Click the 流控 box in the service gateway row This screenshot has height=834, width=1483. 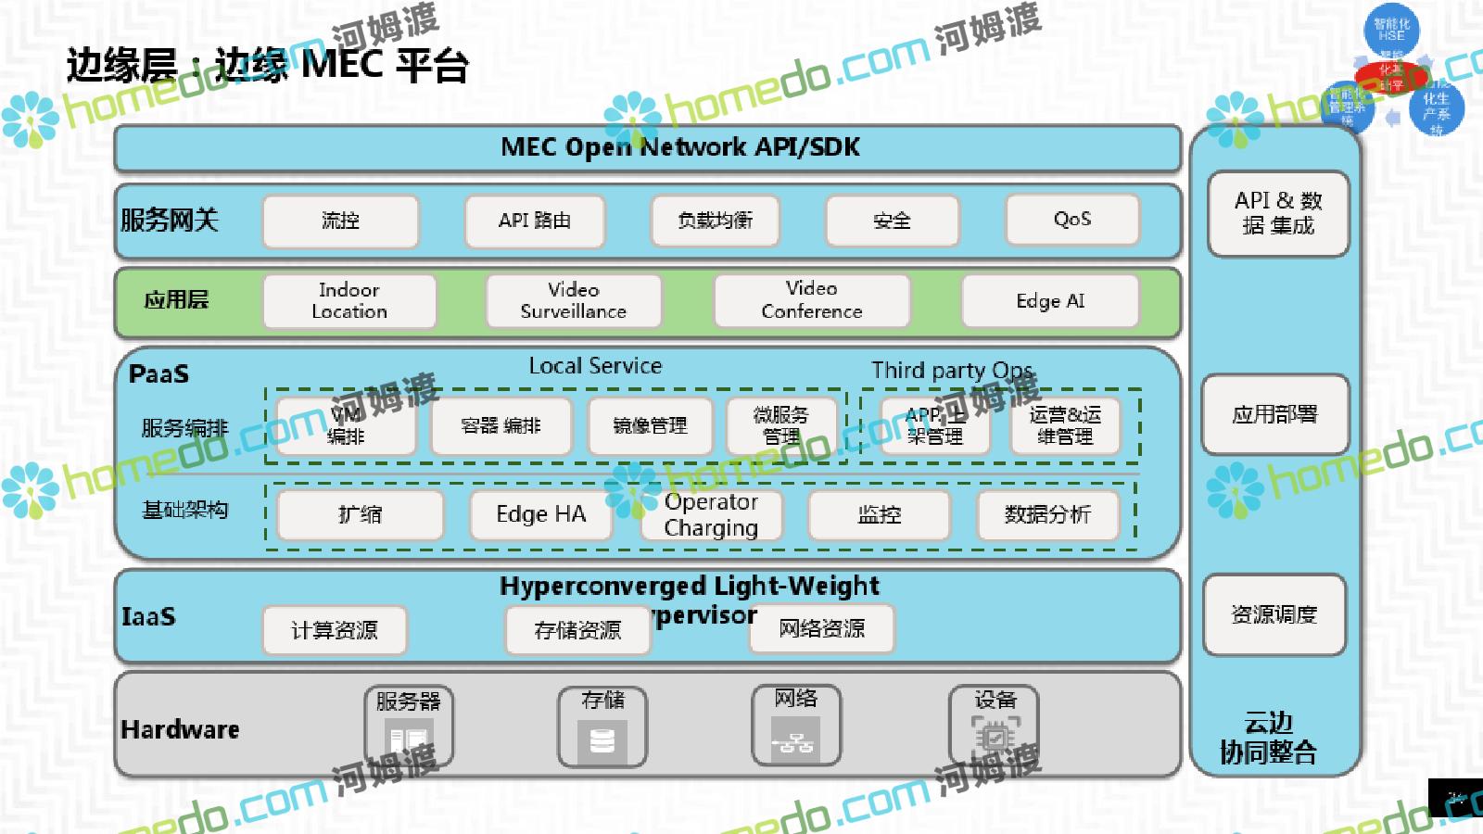click(340, 221)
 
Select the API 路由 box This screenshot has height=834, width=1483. click(535, 221)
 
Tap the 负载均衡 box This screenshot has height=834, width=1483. click(715, 221)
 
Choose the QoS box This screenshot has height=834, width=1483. click(1071, 220)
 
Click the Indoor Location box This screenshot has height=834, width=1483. click(349, 301)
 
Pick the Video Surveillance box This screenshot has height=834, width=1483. click(574, 301)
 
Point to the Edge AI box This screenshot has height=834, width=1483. click(1050, 301)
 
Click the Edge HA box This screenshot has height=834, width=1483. click(541, 514)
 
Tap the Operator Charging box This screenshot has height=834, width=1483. click(712, 514)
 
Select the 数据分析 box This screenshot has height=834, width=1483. click(1047, 514)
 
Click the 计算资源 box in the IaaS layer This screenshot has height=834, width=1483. click(335, 630)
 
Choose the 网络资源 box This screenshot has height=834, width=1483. click(822, 629)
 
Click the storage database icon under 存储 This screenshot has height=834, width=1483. click(602, 741)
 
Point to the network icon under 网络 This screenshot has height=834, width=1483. click(795, 741)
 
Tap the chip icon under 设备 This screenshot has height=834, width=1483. click(995, 739)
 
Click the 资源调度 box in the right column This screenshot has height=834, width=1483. click(1274, 614)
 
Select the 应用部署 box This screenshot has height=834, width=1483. click(1274, 414)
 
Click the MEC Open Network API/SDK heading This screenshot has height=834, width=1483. click(680, 147)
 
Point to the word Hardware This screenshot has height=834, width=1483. click(180, 730)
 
